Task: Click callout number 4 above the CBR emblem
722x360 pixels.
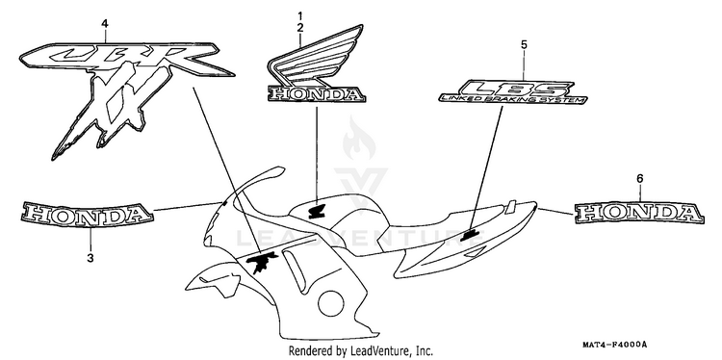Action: click(x=105, y=23)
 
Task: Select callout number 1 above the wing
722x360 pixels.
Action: click(x=300, y=17)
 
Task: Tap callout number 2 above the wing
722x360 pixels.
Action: click(x=300, y=28)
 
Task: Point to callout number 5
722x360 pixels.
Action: click(x=524, y=44)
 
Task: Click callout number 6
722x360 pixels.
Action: click(x=640, y=178)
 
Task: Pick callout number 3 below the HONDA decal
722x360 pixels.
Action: click(x=90, y=258)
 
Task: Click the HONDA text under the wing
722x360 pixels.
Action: click(x=317, y=94)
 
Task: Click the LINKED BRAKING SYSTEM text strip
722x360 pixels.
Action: click(x=512, y=98)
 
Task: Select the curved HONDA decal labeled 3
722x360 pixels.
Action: click(x=86, y=214)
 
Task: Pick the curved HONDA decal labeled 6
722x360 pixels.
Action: click(x=639, y=213)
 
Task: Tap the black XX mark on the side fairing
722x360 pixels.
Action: click(x=262, y=263)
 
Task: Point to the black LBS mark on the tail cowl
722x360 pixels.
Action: click(x=470, y=236)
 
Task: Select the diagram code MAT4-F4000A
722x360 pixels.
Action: click(x=614, y=345)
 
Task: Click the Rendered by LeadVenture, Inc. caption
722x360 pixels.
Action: click(x=361, y=350)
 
